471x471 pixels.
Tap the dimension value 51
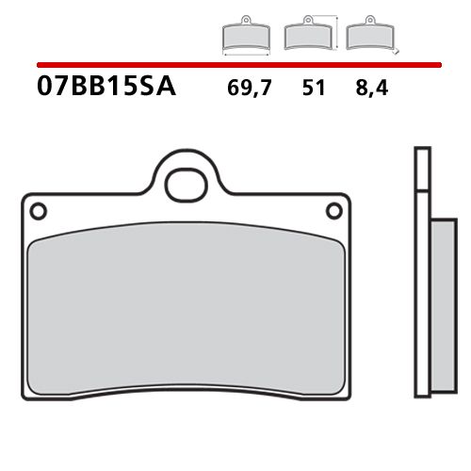pyautogui.click(x=314, y=91)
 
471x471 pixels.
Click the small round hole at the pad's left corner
pyautogui.click(x=37, y=208)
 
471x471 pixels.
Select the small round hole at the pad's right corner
pyautogui.click(x=333, y=208)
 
